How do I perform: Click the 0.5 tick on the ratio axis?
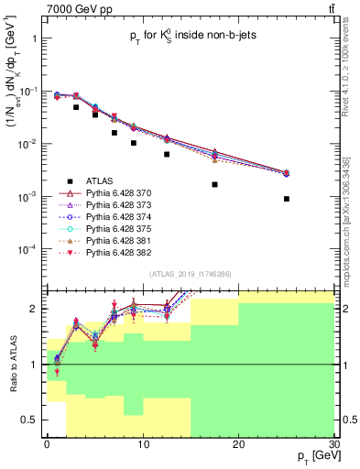tap(35, 420)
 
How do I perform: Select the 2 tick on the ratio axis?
tap(38, 309)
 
